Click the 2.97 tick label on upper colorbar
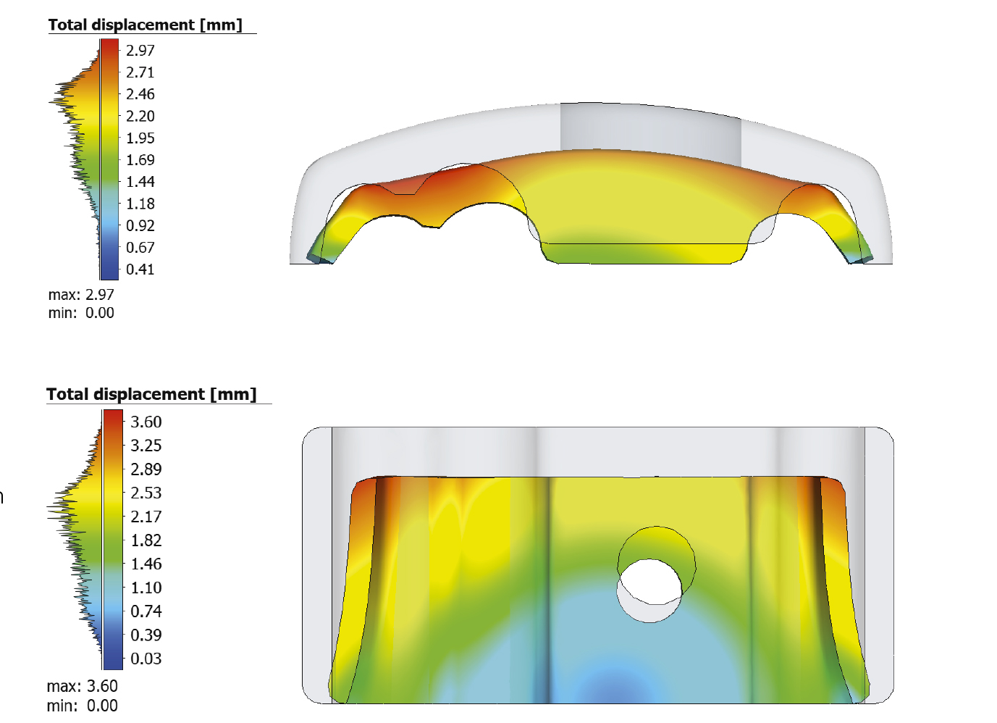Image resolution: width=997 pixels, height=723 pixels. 140,51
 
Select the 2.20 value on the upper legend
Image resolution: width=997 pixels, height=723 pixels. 140,116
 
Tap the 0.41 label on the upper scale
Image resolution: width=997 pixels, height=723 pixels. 140,269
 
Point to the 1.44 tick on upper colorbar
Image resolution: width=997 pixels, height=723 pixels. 140,182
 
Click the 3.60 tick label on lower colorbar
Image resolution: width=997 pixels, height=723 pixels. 146,422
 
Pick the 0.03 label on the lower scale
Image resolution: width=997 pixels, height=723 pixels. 146,659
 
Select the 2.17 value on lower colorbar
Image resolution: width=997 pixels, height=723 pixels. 146,517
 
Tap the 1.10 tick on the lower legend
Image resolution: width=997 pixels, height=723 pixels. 146,588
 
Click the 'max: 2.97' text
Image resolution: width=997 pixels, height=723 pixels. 81,295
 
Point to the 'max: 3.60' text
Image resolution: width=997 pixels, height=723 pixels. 82,686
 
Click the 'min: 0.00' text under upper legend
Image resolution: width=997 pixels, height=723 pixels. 81,313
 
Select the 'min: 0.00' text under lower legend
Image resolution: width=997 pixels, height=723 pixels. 82,706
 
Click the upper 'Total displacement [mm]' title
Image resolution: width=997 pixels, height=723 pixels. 146,25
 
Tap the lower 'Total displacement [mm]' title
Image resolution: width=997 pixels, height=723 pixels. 151,394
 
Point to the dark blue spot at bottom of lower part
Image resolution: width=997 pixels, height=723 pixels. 607,688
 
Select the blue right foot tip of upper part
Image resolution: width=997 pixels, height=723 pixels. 862,256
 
